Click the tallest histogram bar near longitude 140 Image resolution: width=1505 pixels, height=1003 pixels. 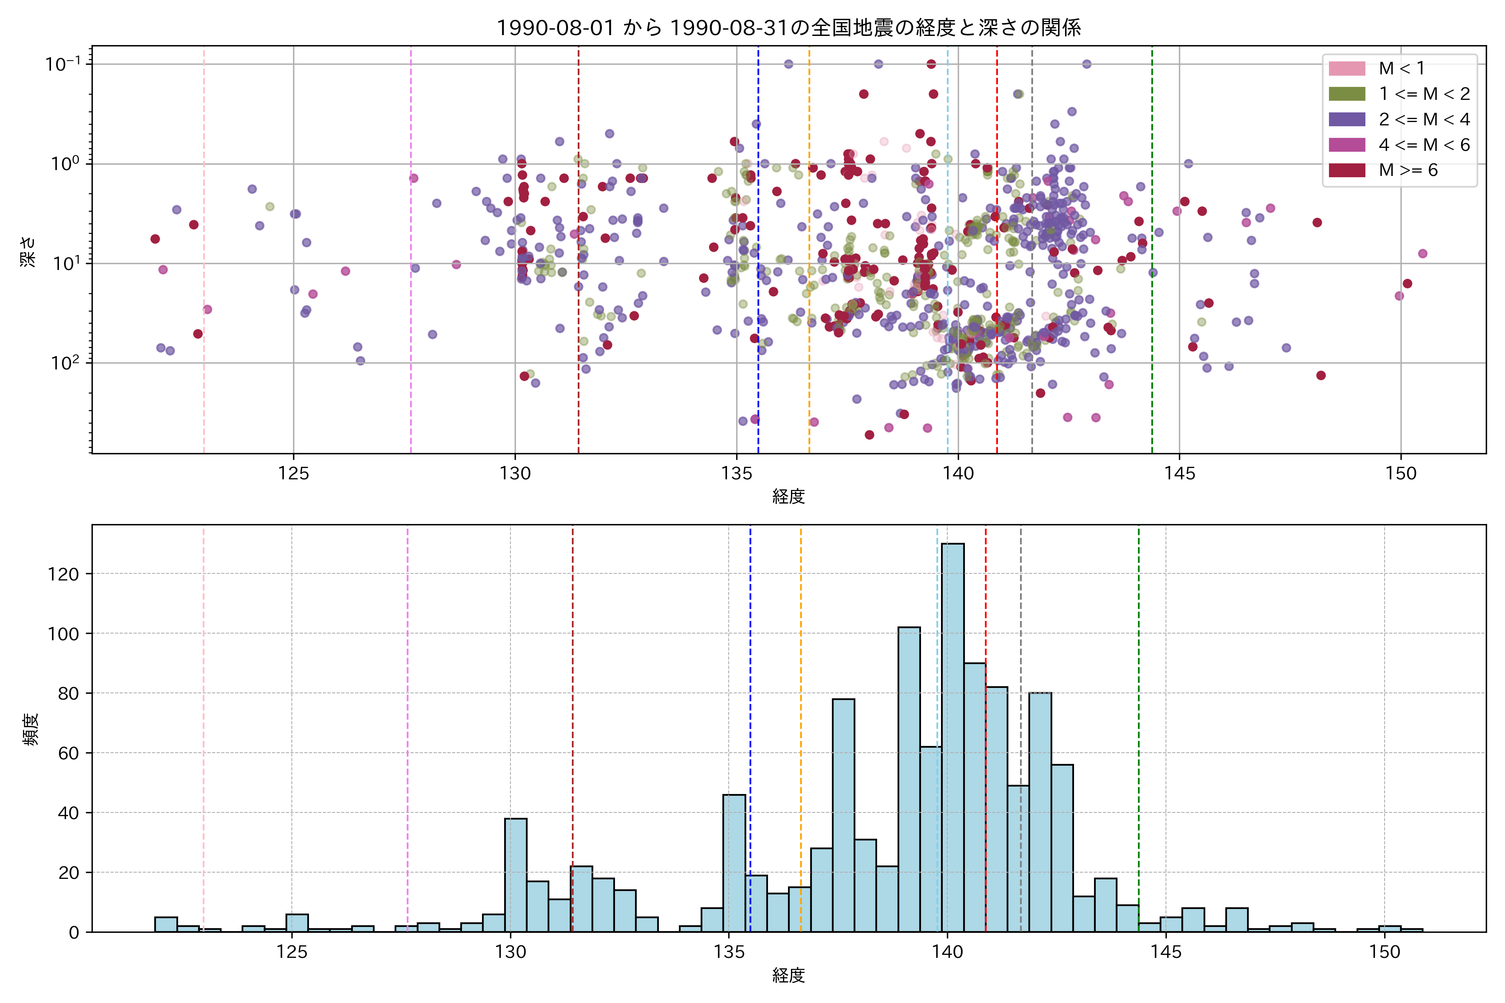pos(953,736)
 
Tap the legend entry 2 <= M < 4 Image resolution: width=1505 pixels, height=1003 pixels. pos(1424,120)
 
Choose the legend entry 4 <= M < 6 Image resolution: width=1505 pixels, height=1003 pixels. pos(1424,145)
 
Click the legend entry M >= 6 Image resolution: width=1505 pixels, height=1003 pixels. pos(1408,170)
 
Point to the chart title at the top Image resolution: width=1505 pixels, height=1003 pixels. pos(788,28)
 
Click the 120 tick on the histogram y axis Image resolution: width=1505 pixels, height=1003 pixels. pos(64,574)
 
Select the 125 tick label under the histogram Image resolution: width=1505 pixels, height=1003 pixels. pos(292,952)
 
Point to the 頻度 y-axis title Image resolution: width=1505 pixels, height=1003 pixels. pos(31,728)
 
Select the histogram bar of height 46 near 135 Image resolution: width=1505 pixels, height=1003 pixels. pos(734,863)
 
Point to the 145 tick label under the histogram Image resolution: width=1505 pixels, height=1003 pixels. pos(1166,952)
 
